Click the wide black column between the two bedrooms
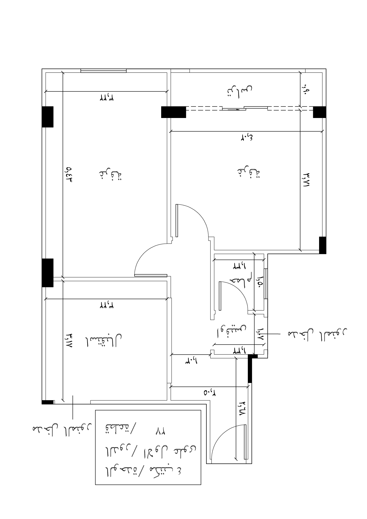pyautogui.click(x=174, y=112)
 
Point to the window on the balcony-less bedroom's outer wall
pyautogui.click(x=104, y=70)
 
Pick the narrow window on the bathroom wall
pyautogui.click(x=266, y=284)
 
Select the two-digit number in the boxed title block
pyautogui.click(x=160, y=432)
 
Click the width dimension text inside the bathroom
pyautogui.click(x=238, y=266)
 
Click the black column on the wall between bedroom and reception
pyautogui.click(x=48, y=273)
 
